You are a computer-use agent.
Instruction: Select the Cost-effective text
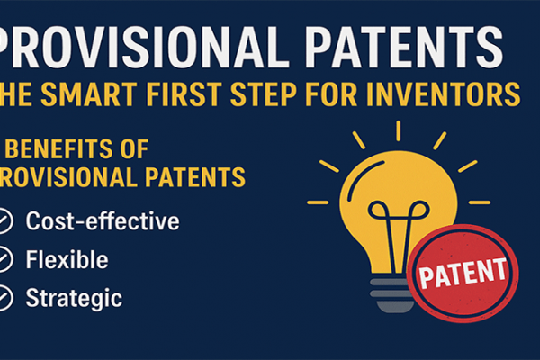pos(103,221)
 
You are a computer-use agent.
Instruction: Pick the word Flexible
pos(67,260)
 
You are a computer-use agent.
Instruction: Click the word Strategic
pos(74,298)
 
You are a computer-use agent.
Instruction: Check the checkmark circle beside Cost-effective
pos(4,221)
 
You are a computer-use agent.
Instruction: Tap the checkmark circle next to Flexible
pos(4,260)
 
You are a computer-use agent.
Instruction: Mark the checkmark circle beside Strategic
pos(4,298)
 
